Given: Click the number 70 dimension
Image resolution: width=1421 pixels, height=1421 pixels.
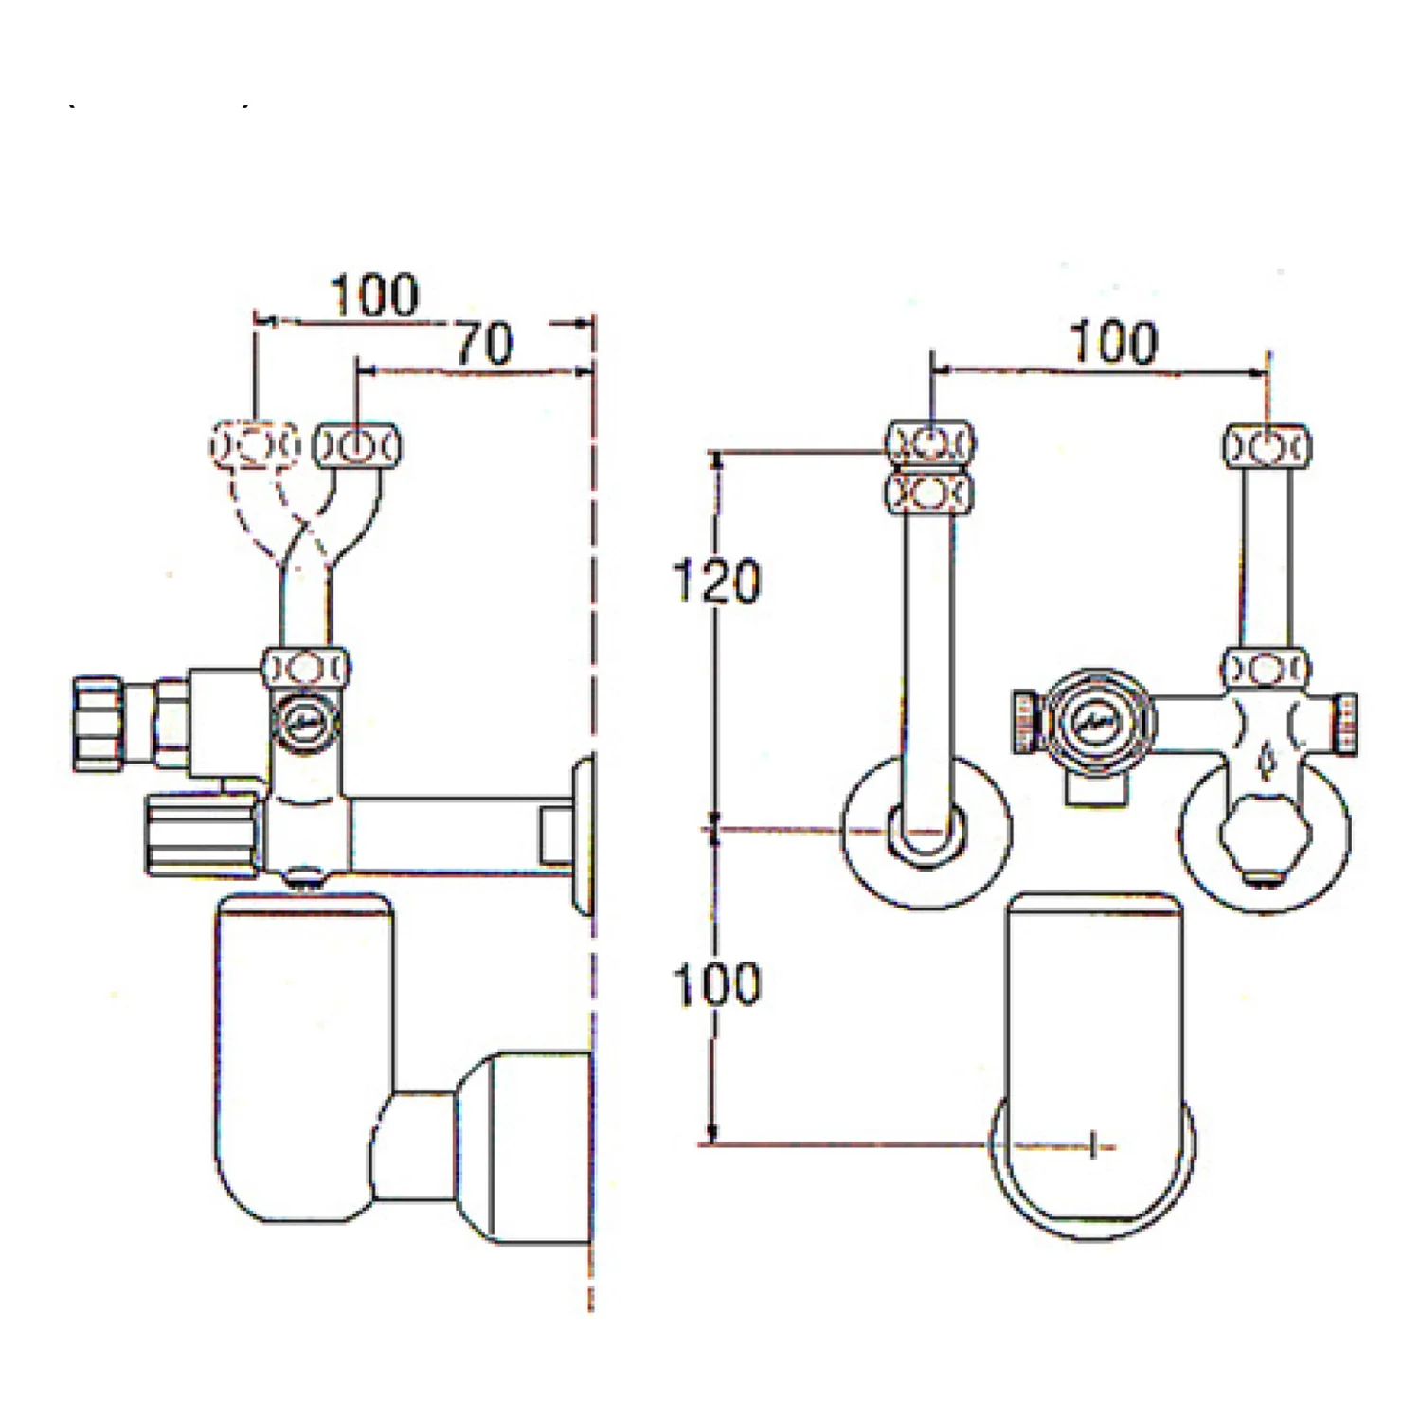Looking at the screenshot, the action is tap(485, 344).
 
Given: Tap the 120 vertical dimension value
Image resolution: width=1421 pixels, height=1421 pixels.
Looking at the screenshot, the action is tap(716, 581).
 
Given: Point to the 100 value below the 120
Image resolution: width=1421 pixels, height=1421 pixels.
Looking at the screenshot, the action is tap(716, 983).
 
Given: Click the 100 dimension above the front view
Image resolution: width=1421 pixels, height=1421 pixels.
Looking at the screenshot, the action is tap(1114, 342).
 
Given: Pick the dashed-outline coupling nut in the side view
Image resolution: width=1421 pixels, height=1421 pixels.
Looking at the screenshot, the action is tap(253, 443).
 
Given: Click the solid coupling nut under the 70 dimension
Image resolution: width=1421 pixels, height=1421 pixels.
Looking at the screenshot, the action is tap(356, 445).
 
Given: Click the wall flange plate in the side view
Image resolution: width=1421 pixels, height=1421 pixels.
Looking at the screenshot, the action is tap(584, 833).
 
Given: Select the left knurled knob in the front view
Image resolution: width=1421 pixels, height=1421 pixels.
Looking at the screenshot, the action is tap(1025, 723).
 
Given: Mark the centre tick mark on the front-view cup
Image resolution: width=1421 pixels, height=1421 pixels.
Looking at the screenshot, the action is tap(1094, 1145).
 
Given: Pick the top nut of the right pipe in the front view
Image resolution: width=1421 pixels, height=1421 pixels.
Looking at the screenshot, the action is tap(1268, 445).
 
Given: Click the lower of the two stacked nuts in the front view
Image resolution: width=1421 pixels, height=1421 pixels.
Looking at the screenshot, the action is tap(931, 493).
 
